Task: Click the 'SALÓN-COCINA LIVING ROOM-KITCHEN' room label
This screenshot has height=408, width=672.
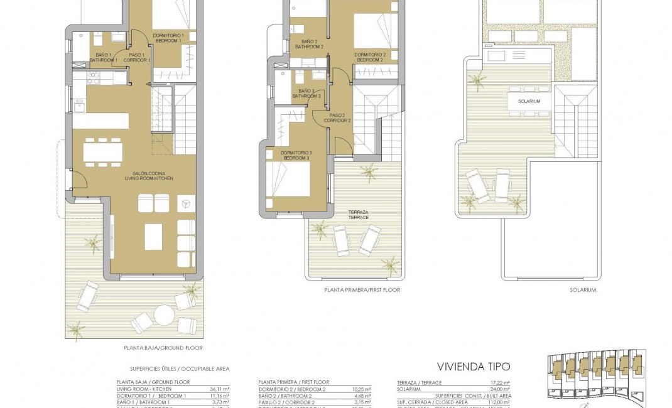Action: coord(153,176)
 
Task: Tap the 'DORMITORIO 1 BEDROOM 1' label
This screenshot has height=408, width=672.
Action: coord(168,38)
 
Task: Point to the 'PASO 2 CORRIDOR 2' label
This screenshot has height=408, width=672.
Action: coord(340,117)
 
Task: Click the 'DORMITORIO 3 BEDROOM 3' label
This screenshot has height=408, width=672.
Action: coord(296,155)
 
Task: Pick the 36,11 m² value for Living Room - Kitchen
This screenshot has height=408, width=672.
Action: coord(219,389)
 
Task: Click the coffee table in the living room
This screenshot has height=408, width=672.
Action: coord(154,236)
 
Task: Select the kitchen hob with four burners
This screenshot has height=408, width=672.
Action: coord(92,77)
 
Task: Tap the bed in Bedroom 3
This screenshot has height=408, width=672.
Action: coord(291,184)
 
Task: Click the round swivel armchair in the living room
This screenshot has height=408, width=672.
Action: coord(185,203)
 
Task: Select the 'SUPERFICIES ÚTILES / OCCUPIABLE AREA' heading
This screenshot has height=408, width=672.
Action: coord(171,370)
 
